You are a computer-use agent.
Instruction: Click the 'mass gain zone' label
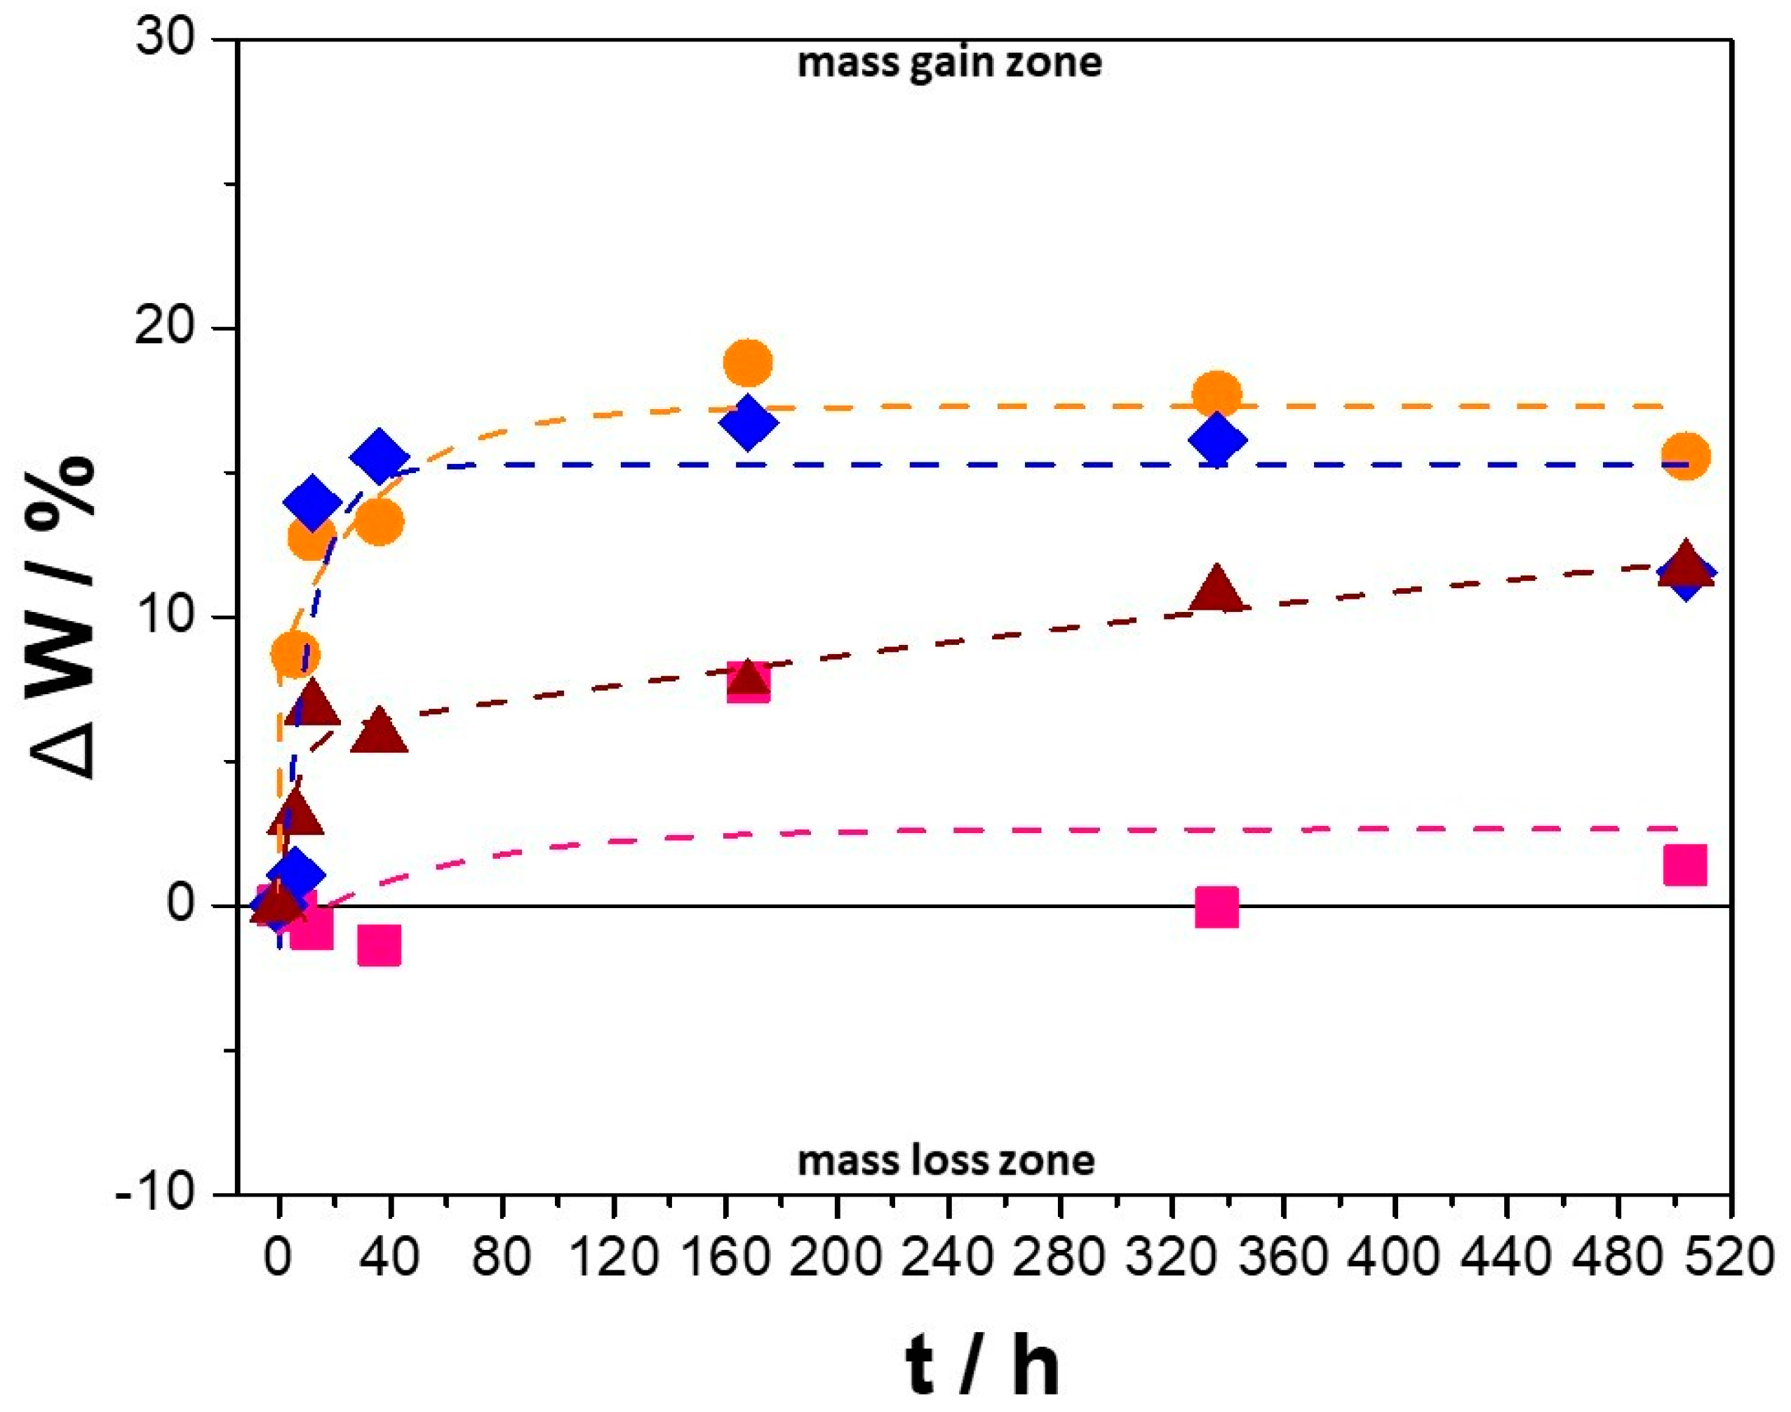point(948,64)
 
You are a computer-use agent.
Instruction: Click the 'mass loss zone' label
point(946,1161)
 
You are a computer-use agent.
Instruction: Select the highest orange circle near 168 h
point(748,361)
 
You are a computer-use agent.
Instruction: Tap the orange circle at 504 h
point(1685,455)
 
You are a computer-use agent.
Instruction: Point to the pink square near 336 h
point(1216,907)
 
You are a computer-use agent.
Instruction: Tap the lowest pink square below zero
point(380,946)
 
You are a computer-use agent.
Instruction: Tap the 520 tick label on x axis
point(1727,1258)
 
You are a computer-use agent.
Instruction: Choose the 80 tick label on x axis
point(502,1258)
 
